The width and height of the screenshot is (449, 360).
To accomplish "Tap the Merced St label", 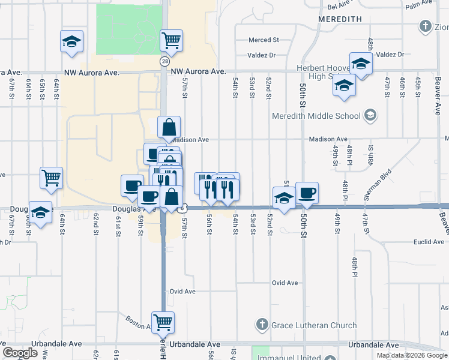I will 264,40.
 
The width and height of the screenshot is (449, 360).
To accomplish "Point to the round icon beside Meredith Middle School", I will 371,115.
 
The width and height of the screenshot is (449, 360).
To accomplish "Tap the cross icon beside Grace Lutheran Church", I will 262,325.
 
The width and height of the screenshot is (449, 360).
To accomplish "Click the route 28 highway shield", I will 164,61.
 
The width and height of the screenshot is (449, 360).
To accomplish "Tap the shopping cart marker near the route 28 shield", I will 171,41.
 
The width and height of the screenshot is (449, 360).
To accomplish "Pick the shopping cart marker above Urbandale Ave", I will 163,322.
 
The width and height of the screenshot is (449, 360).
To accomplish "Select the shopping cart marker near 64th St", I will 52,178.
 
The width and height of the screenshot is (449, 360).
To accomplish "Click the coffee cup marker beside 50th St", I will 307,193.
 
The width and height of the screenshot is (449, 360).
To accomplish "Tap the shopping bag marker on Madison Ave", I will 169,127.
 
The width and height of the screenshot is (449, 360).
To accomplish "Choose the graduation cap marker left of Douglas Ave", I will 40,213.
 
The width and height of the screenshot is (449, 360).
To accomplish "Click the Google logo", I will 20,353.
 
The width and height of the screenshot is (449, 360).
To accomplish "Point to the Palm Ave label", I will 419,5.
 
